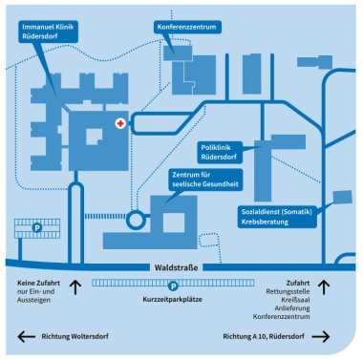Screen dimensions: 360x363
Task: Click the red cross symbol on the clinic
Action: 120,125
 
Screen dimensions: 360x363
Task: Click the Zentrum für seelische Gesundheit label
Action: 204,179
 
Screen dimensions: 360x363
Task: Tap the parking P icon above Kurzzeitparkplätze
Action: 173,285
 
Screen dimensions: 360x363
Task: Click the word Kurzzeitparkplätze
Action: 173,298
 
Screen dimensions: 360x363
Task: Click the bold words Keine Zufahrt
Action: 41,284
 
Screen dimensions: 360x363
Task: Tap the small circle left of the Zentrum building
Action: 135,220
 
